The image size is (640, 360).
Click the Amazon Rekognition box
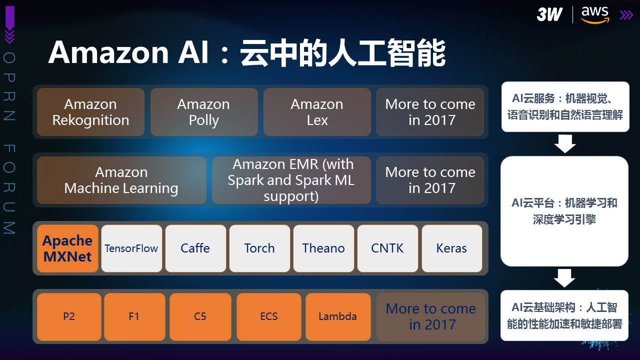pyautogui.click(x=90, y=112)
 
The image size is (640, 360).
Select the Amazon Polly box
pyautogui.click(x=204, y=112)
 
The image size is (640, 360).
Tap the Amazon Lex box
pyautogui.click(x=317, y=112)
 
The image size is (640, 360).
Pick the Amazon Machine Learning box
pyautogui.click(x=121, y=180)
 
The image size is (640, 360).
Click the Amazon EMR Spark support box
pyautogui.click(x=291, y=180)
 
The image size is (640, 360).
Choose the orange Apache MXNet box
pyautogui.click(x=67, y=248)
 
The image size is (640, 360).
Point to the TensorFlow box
pyautogui.click(x=131, y=248)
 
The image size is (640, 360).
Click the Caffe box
pyautogui.click(x=195, y=248)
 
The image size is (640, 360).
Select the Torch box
pyautogui.click(x=259, y=248)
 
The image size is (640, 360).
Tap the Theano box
pyautogui.click(x=323, y=248)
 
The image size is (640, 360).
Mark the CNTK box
pyautogui.click(x=387, y=248)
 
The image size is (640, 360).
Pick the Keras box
pyautogui.click(x=452, y=248)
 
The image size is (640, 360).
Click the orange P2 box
pyautogui.click(x=69, y=316)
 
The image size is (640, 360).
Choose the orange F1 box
pyautogui.click(x=134, y=316)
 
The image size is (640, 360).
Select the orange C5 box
pyautogui.click(x=200, y=316)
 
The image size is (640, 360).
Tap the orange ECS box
pyautogui.click(x=269, y=316)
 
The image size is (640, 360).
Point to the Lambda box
pyautogui.click(x=338, y=316)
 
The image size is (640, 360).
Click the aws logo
pyautogui.click(x=595, y=15)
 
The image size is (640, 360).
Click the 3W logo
pyautogui.click(x=549, y=14)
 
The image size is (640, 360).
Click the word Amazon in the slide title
pyautogui.click(x=109, y=52)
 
